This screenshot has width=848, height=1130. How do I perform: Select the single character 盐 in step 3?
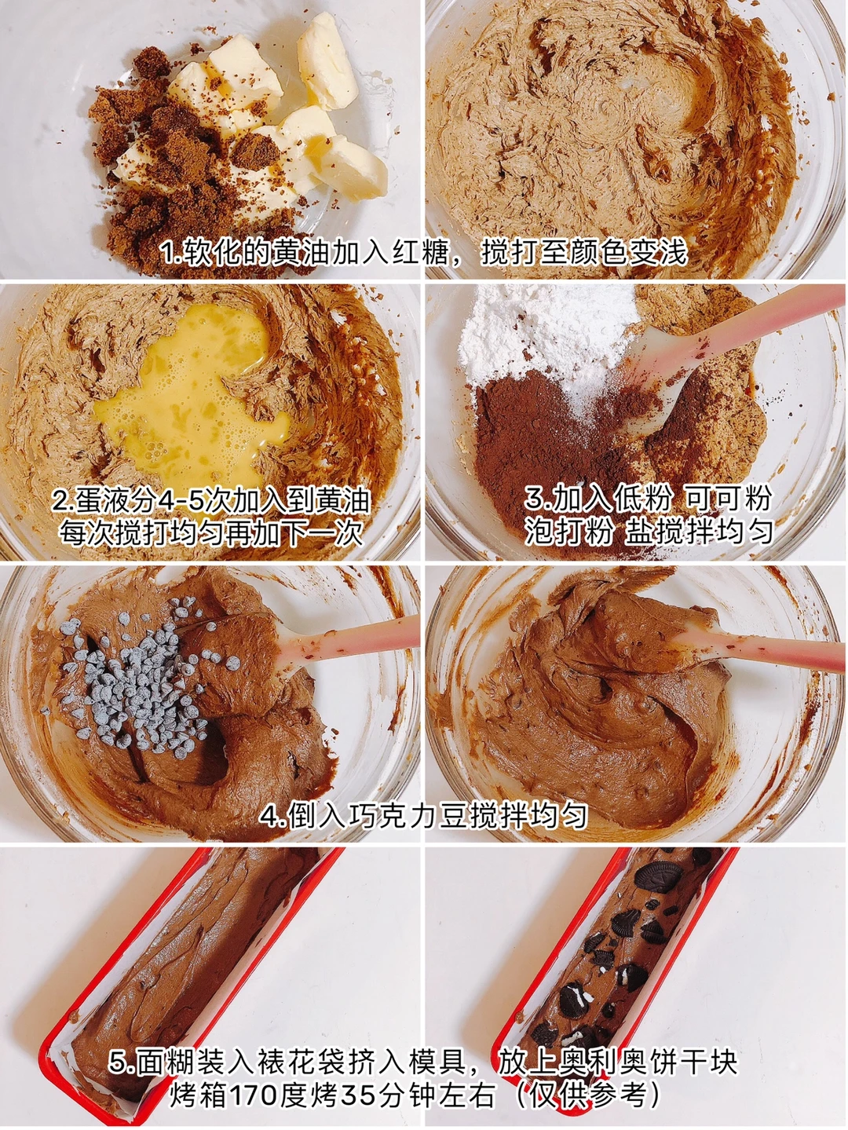point(640,531)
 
